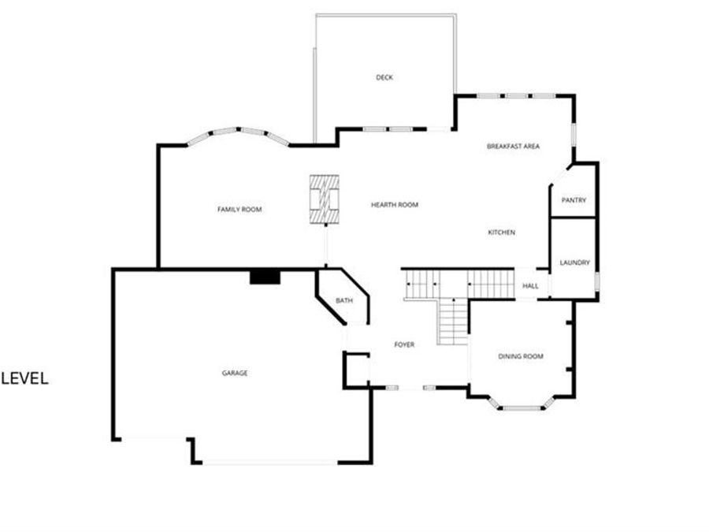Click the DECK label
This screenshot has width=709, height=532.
click(384, 77)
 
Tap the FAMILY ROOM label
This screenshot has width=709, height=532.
click(239, 209)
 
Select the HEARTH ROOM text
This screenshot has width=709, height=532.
click(395, 205)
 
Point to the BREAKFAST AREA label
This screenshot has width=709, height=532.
click(513, 147)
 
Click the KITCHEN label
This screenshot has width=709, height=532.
click(501, 233)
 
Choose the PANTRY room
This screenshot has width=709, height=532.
click(574, 200)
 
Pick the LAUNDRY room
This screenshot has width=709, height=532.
click(574, 262)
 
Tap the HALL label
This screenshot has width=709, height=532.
click(531, 286)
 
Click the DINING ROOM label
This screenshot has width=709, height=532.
click(521, 356)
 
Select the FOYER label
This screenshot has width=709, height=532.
click(404, 344)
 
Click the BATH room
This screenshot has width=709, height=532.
click(344, 301)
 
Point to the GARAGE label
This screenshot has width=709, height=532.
click(235, 373)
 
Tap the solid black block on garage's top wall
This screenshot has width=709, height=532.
click(265, 276)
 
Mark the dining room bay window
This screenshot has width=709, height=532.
click(520, 407)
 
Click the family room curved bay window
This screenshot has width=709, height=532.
click(239, 132)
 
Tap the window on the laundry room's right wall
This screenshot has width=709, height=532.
click(598, 280)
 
